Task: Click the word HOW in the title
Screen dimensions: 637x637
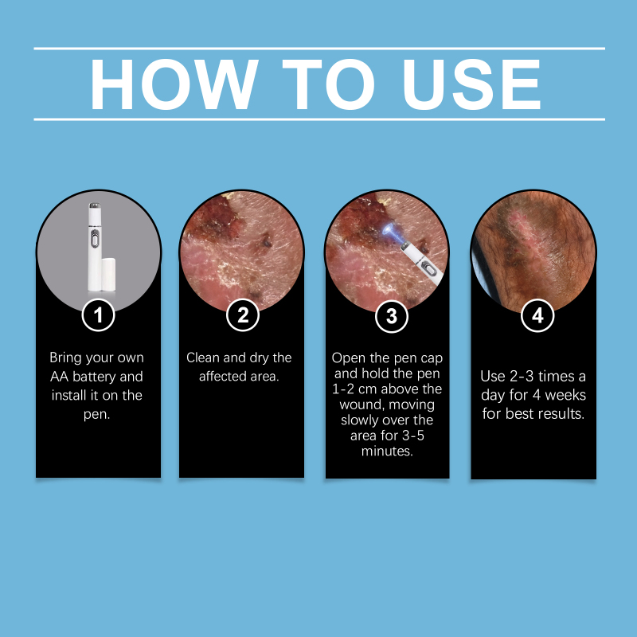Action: click(x=174, y=84)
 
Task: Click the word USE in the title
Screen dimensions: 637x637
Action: click(x=471, y=84)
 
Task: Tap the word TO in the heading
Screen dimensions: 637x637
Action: click(x=328, y=84)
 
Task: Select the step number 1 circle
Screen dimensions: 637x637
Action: click(x=98, y=315)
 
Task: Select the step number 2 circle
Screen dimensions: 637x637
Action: click(x=243, y=315)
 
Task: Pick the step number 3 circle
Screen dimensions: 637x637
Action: click(x=392, y=316)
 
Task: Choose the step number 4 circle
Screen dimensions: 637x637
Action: click(x=537, y=315)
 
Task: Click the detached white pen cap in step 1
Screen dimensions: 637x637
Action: click(x=108, y=274)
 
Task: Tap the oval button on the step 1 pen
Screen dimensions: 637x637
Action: click(x=94, y=238)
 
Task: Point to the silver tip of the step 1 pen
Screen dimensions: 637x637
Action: click(x=94, y=206)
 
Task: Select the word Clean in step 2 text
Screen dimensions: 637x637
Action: click(x=203, y=358)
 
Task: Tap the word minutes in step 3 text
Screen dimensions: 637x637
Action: click(x=387, y=451)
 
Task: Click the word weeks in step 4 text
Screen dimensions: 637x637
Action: click(x=565, y=395)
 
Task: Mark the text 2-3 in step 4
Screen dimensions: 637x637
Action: click(x=522, y=376)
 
